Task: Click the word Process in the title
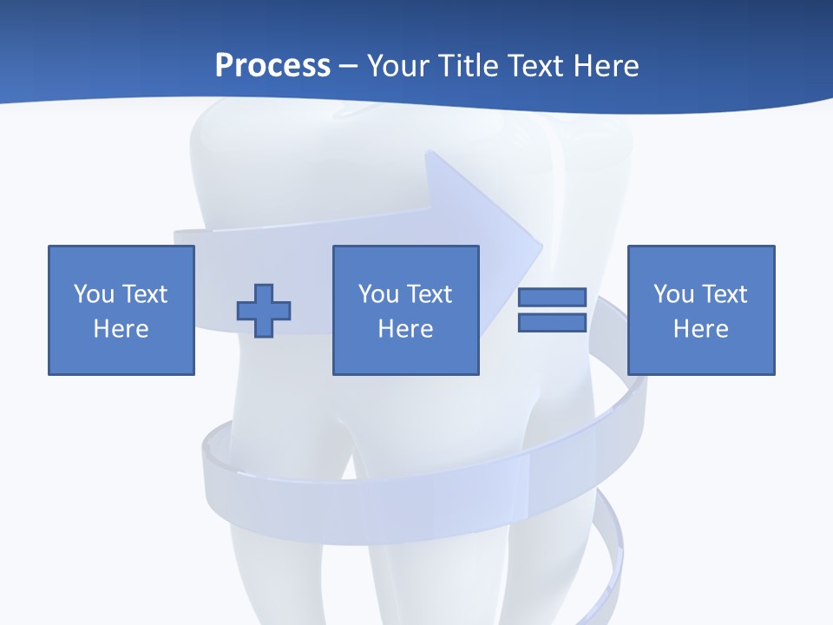coord(272,66)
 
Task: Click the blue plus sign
coord(264,311)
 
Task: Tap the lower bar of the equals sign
coord(552,322)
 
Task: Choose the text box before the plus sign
coord(121,310)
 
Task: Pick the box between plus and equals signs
coord(405,310)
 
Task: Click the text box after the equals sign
coord(700,310)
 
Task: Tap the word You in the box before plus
coord(94,294)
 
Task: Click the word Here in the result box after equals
coord(700,329)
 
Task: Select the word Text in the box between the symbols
coord(430,294)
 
